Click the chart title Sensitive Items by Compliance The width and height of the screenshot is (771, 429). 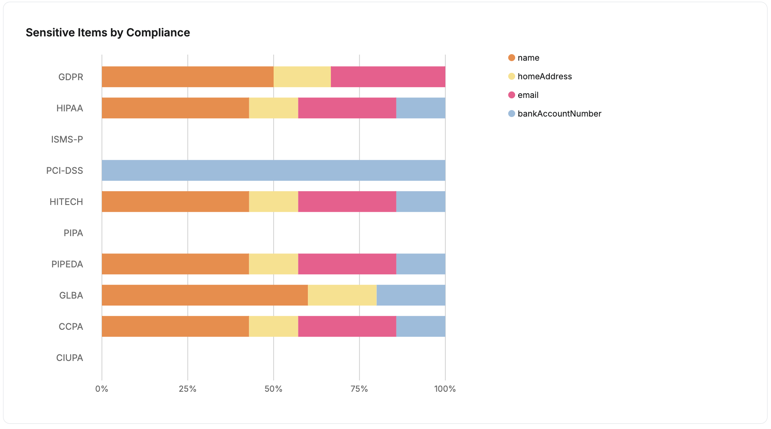pyautogui.click(x=108, y=32)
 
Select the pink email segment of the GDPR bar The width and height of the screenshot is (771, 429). pyautogui.click(x=388, y=77)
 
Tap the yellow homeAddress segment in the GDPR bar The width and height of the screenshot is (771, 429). pyautogui.click(x=302, y=77)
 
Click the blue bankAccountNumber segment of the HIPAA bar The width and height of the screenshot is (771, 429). pyautogui.click(x=420, y=108)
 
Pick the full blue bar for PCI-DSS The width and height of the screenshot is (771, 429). pyautogui.click(x=273, y=170)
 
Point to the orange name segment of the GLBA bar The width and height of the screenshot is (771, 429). pyautogui.click(x=205, y=295)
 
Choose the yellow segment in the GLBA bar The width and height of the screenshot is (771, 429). pyautogui.click(x=342, y=295)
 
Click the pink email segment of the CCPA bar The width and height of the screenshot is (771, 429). pyautogui.click(x=347, y=326)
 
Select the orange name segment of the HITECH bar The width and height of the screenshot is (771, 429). pyautogui.click(x=175, y=201)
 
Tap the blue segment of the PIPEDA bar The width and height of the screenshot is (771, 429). pyautogui.click(x=420, y=264)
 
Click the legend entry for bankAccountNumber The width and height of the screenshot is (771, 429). pyautogui.click(x=559, y=114)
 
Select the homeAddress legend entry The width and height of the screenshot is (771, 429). pyautogui.click(x=544, y=76)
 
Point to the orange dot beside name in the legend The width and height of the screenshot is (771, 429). pyautogui.click(x=512, y=58)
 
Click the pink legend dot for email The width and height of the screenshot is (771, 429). pyautogui.click(x=512, y=95)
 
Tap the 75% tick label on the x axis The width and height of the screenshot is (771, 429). pyautogui.click(x=359, y=389)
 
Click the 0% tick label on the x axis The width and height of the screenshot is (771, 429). pyautogui.click(x=102, y=389)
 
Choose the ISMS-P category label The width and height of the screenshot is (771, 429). pyautogui.click(x=67, y=139)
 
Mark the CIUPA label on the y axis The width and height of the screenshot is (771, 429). pyautogui.click(x=69, y=357)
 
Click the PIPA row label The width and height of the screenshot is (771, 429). pyautogui.click(x=73, y=233)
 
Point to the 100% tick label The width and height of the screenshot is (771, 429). pyautogui.click(x=445, y=389)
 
